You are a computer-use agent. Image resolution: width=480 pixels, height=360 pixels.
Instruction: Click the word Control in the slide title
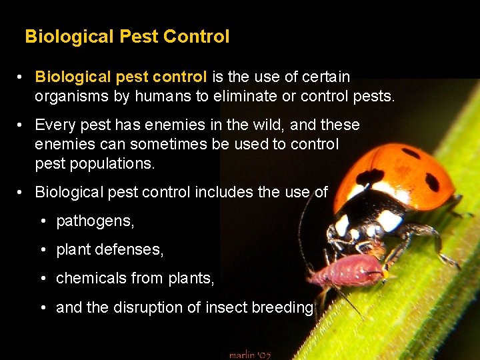point(197,36)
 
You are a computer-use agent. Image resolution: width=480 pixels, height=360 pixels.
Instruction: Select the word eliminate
point(246,96)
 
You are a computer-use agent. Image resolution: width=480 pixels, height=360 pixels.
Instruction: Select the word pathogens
point(95,221)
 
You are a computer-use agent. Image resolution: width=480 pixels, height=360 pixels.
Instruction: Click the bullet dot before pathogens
point(42,221)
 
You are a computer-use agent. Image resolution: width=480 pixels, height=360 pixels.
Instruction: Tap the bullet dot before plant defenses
point(42,249)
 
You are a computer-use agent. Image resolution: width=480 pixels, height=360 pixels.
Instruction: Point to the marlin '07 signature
point(250,355)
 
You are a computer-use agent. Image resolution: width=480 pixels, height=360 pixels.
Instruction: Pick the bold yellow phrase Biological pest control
point(121,77)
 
